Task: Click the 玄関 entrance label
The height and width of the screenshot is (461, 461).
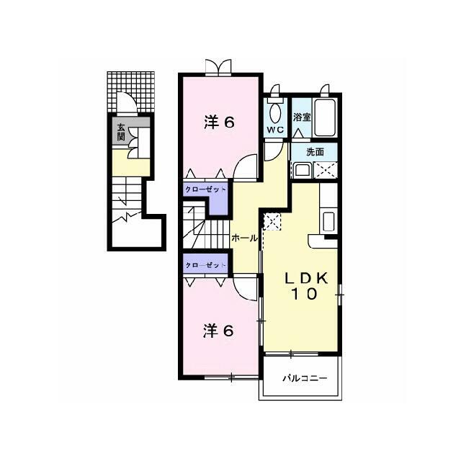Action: click(121, 132)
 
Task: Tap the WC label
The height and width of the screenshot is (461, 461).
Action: click(275, 130)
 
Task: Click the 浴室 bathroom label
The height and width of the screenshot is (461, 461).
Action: click(302, 117)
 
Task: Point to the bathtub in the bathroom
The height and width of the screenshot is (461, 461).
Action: click(325, 117)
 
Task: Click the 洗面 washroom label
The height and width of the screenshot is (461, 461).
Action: click(315, 152)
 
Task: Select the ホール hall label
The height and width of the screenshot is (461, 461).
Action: click(245, 238)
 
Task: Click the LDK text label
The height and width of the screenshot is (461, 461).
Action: click(305, 278)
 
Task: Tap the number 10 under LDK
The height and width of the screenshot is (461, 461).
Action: click(304, 294)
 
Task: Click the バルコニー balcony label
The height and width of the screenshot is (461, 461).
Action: click(305, 377)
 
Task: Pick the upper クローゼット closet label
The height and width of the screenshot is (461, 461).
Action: click(205, 189)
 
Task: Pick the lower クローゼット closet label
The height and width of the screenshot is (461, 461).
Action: click(205, 265)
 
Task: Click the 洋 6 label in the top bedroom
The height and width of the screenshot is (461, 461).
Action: click(219, 122)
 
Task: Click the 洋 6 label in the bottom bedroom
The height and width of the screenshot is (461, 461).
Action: click(219, 331)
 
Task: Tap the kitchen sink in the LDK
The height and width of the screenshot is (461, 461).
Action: click(328, 221)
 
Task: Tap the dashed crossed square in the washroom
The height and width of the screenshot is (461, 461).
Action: click(325, 170)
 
